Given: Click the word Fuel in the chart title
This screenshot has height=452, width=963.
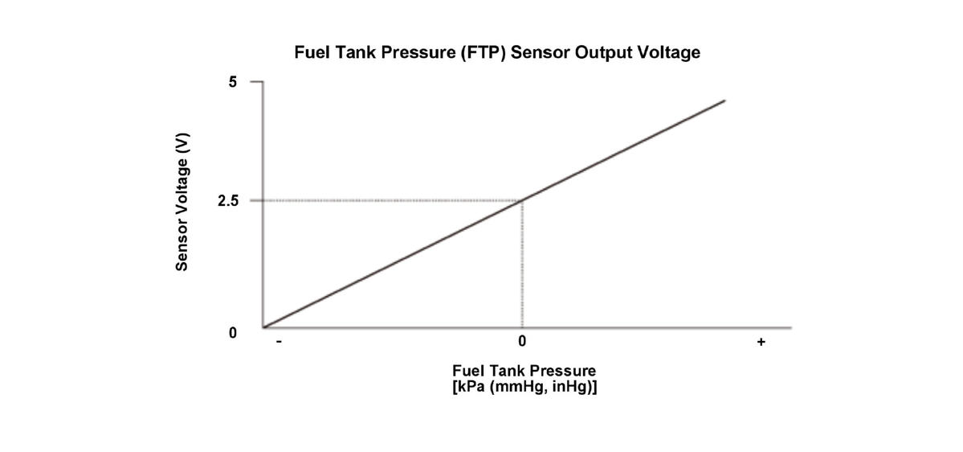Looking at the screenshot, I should click(x=311, y=53).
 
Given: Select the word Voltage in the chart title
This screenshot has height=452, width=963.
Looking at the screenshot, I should click(x=666, y=53).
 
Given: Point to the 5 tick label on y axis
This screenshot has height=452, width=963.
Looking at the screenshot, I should click(x=232, y=83).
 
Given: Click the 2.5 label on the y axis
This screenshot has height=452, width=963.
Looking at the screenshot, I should click(x=228, y=201).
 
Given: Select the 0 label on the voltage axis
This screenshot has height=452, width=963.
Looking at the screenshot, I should click(x=233, y=332).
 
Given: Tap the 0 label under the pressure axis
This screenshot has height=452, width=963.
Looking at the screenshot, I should click(x=522, y=343).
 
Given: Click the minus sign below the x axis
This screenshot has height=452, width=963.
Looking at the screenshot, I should click(x=278, y=343).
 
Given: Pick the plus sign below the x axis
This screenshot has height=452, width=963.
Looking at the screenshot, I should click(x=761, y=343).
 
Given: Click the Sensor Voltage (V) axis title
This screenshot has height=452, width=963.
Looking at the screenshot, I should click(x=182, y=201).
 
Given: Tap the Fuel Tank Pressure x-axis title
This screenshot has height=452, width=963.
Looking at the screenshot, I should click(x=524, y=371).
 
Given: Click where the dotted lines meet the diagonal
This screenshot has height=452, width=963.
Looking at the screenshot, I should click(x=523, y=200).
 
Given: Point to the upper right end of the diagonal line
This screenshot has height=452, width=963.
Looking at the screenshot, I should click(x=724, y=101).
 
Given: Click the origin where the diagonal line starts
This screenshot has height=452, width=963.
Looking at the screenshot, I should click(x=264, y=327).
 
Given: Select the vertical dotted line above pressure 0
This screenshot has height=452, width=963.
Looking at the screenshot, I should click(x=523, y=265).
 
